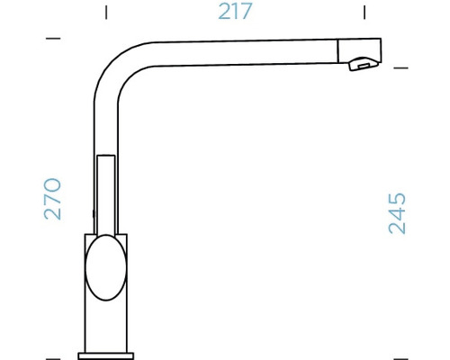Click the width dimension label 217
[236, 13]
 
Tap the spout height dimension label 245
[397, 213]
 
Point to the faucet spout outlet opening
[361, 64]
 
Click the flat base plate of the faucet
[108, 351]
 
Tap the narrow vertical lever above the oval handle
[106, 193]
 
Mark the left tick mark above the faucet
[106, 13]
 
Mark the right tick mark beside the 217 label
[364, 13]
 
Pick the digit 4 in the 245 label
[397, 213]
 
